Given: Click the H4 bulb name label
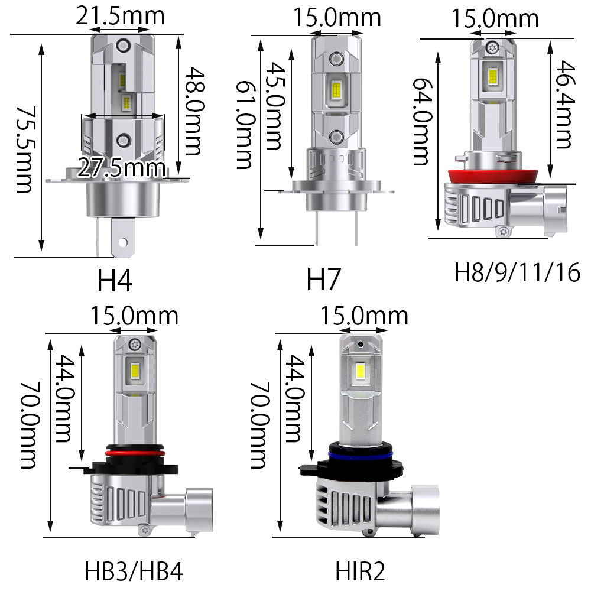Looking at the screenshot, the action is pyautogui.click(x=115, y=281).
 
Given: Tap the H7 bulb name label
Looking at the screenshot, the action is pyautogui.click(x=323, y=280).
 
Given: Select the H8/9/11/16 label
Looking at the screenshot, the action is pyautogui.click(x=517, y=272).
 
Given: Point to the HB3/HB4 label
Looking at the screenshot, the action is pyautogui.click(x=134, y=571).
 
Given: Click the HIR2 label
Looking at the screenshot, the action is pyautogui.click(x=361, y=571).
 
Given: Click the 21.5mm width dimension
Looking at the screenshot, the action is pyautogui.click(x=120, y=16).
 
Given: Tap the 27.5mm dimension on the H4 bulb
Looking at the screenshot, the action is pyautogui.click(x=121, y=168).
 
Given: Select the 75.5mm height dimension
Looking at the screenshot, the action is pyautogui.click(x=27, y=150).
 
